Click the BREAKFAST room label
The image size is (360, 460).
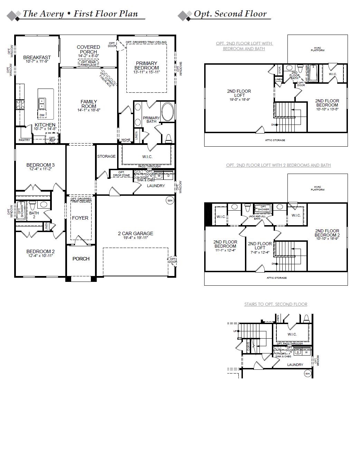tap(37, 57)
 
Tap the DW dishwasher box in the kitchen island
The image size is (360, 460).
tap(42, 115)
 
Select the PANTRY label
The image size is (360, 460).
tap(24, 140)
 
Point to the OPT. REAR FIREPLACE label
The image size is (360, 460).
tap(88, 64)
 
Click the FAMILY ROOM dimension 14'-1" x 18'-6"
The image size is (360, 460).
tap(88, 110)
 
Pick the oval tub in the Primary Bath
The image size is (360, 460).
tap(168, 112)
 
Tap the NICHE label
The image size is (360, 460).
tap(126, 140)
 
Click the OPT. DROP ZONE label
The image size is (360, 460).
tap(121, 174)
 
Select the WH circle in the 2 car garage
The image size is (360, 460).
tap(170, 200)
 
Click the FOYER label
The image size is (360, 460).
tap(80, 218)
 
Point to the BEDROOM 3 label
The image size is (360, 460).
tap(40, 165)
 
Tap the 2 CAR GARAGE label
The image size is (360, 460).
tap(135, 233)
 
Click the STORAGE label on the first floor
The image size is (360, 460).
tap(106, 156)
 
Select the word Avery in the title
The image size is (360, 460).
tap(51, 14)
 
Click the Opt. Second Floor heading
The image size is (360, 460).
tap(230, 14)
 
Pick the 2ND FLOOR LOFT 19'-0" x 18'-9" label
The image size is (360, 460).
tap(239, 93)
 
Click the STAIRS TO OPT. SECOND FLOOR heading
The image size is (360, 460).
tap(276, 304)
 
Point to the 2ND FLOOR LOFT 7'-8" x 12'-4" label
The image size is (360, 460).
tap(260, 246)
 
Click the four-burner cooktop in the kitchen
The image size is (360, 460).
tap(20, 104)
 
